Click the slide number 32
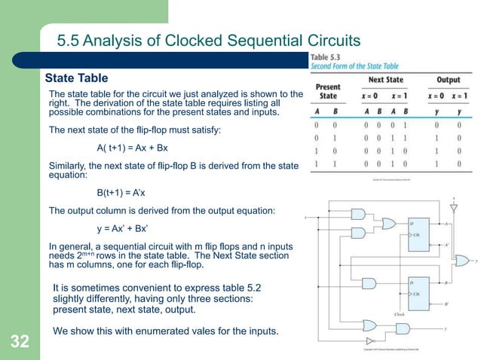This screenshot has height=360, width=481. tap(20, 343)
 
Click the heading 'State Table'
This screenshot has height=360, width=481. tap(77, 78)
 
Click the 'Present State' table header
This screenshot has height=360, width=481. tap(327, 91)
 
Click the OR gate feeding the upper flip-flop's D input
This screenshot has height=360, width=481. tap(389, 224)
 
